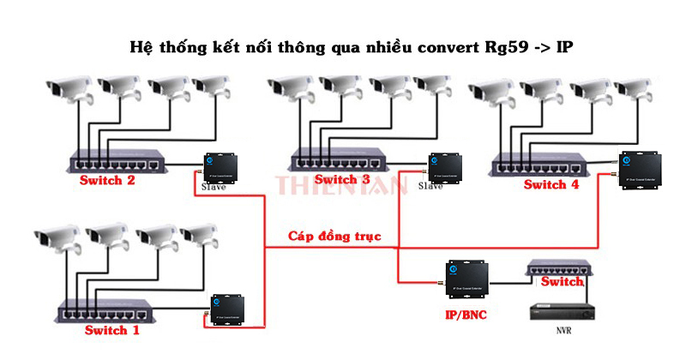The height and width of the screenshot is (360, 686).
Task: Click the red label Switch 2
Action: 106,181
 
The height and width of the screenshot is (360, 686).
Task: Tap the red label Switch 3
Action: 341,179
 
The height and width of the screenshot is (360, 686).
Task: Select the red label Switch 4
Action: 551,184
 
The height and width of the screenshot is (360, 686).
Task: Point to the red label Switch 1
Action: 112,330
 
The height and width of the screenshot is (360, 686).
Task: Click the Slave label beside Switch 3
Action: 430,186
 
